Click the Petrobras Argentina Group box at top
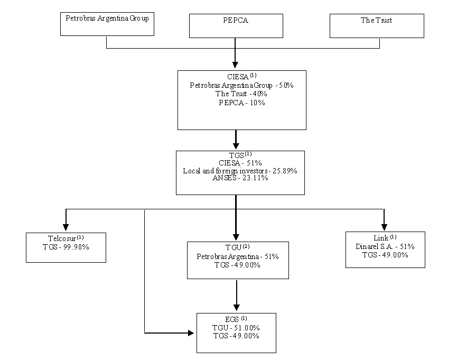(x=107, y=24)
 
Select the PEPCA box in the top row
(x=236, y=26)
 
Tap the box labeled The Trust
(x=377, y=26)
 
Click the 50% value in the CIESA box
(x=286, y=85)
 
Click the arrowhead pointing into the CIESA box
(x=235, y=65)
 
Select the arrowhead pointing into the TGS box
(x=236, y=145)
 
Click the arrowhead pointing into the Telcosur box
(x=66, y=227)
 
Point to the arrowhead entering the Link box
(x=385, y=227)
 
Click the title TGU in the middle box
(x=234, y=247)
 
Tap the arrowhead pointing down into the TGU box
(x=236, y=237)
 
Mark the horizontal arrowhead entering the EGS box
(x=191, y=333)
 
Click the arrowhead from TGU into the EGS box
(x=237, y=308)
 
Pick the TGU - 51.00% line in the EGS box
(x=236, y=328)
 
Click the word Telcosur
(x=62, y=238)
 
